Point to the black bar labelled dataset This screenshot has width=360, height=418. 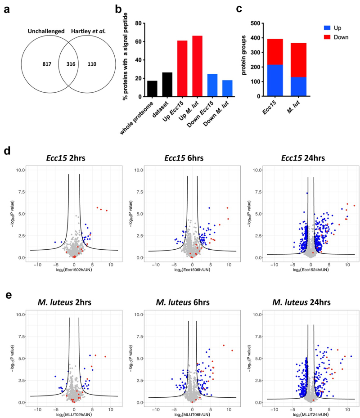tap(167, 84)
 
